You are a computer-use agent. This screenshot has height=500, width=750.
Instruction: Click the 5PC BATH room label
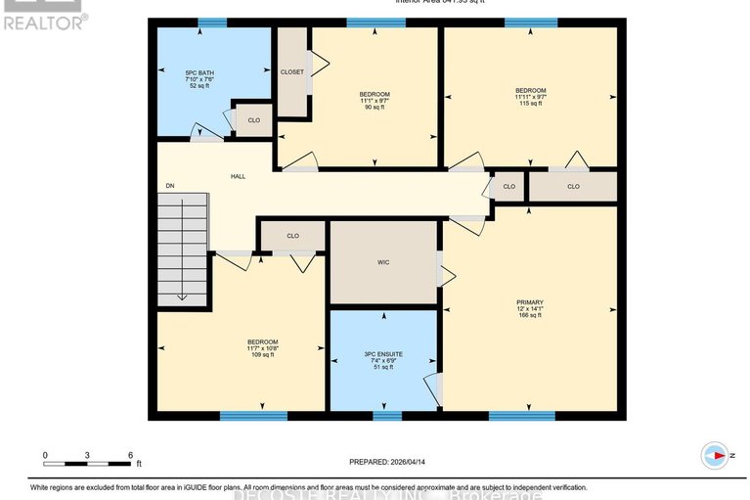[x=199, y=71]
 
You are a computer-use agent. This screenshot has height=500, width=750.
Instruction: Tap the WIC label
[x=383, y=262]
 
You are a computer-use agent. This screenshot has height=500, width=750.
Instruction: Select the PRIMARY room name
[x=529, y=302]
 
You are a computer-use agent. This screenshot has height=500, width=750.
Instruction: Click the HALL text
[x=238, y=176]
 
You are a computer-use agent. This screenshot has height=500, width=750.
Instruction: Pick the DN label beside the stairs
[x=169, y=186]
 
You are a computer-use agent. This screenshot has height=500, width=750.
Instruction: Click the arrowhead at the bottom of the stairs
[x=182, y=297]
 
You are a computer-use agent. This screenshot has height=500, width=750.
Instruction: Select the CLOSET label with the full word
[x=291, y=71]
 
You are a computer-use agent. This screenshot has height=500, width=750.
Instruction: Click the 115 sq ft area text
[x=530, y=104]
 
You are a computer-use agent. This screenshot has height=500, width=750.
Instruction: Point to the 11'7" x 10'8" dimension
[x=262, y=347]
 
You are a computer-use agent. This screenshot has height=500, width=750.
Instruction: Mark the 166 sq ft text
[x=529, y=316]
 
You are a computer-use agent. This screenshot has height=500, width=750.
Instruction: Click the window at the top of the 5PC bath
[x=212, y=23]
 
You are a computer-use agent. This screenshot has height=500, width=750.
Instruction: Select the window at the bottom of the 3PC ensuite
[x=387, y=416]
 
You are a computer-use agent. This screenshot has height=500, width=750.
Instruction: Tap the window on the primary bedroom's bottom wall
[x=515, y=416]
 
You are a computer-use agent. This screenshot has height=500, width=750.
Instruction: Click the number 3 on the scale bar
[x=88, y=456]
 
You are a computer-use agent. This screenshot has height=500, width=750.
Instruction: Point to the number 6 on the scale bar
[x=130, y=456]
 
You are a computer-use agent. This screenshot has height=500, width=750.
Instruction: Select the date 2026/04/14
[x=412, y=463]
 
